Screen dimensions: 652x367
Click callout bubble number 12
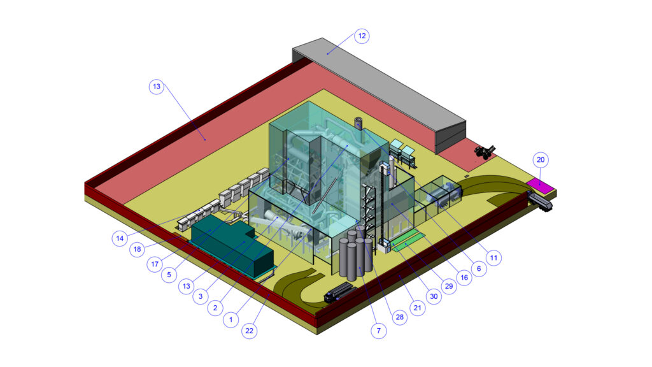tap(362, 36)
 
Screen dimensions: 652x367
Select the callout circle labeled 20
tap(540, 160)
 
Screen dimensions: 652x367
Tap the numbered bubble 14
tap(120, 238)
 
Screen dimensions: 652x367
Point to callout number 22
tap(249, 331)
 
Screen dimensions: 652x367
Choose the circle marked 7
tap(378, 331)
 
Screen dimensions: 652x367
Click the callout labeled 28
tap(400, 317)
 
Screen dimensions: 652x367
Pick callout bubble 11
tap(493, 258)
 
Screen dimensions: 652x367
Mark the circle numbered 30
tap(434, 296)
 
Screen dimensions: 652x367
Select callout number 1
tap(230, 320)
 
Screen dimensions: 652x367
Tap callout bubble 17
tap(155, 264)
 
